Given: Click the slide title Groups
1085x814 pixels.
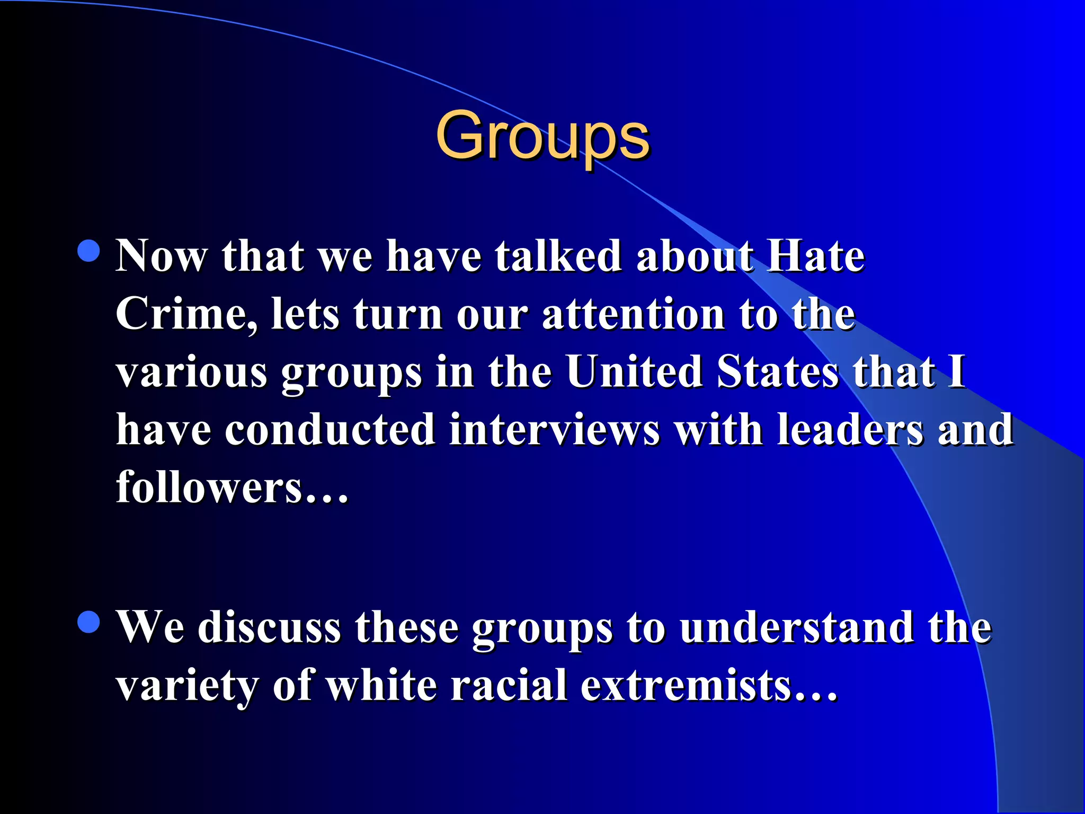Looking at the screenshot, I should point(542,136).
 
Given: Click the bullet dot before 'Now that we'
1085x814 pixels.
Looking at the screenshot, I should point(88,251).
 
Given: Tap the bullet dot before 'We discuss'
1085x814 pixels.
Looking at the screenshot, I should point(88,622).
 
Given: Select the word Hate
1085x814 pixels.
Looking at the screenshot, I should point(816,256).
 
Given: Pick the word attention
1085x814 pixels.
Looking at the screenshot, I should point(633,314).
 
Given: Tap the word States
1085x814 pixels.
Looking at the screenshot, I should point(778,371).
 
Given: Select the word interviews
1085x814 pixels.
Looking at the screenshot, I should point(554,429).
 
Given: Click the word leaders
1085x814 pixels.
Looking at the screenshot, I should point(850,429).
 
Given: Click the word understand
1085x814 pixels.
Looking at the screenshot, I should point(797,627).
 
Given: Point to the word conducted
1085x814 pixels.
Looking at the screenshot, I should point(330,429).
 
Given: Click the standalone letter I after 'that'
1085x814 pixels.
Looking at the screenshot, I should point(956,371).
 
